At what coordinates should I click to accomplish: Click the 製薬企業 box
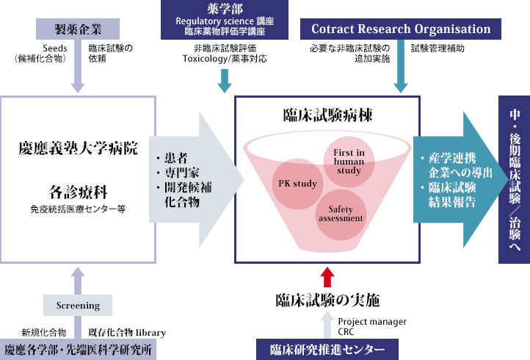tap(79, 29)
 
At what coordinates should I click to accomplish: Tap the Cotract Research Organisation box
tap(402, 29)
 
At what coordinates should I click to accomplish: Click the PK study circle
tap(297, 183)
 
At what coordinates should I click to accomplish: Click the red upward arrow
tap(327, 276)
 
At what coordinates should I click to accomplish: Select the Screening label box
tap(78, 304)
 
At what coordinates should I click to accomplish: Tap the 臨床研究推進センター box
tap(327, 348)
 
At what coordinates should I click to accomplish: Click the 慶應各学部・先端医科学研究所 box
tap(79, 349)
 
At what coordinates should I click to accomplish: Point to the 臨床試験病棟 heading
tap(327, 116)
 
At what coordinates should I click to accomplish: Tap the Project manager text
tap(371, 321)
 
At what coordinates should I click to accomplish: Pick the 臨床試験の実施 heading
tap(327, 300)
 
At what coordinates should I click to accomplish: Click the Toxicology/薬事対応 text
tap(225, 58)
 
